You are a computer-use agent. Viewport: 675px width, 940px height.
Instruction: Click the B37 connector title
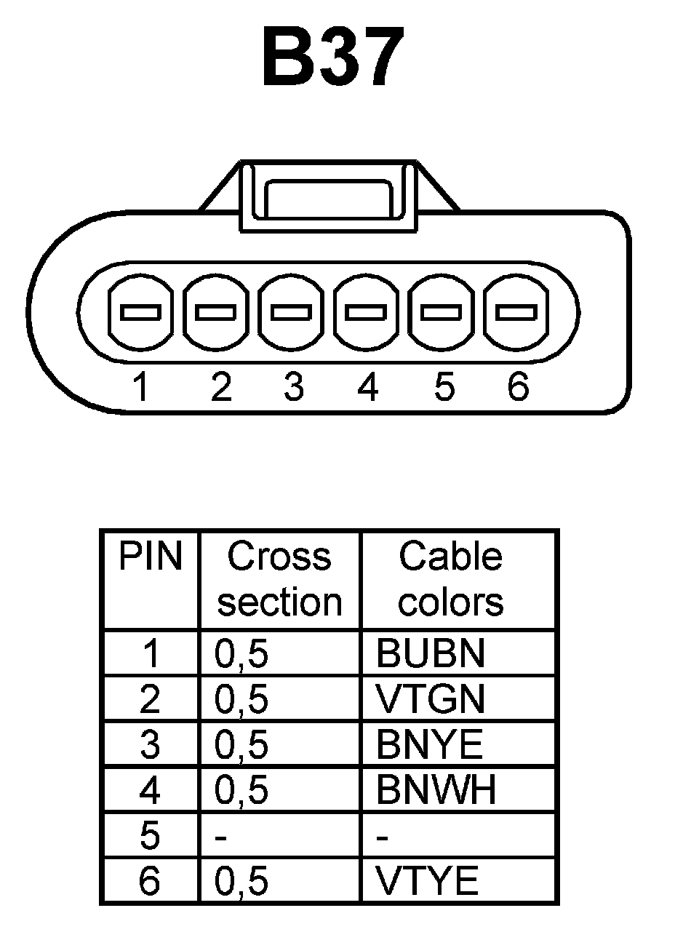pyautogui.click(x=332, y=57)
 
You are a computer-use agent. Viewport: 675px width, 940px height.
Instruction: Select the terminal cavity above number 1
pyautogui.click(x=140, y=313)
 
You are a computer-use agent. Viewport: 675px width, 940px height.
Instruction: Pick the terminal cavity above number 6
pyautogui.click(x=516, y=313)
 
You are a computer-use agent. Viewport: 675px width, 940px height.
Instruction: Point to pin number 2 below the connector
pyautogui.click(x=221, y=387)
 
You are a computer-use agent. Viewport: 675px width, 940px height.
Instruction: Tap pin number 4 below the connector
pyautogui.click(x=368, y=387)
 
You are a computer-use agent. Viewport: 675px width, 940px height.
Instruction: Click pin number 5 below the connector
pyautogui.click(x=444, y=387)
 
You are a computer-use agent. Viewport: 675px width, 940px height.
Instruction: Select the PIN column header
pyautogui.click(x=150, y=557)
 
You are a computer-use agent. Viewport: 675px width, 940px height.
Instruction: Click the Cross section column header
pyautogui.click(x=280, y=580)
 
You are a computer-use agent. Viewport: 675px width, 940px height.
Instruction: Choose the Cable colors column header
pyautogui.click(x=451, y=580)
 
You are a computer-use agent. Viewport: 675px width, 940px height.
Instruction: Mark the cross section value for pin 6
pyautogui.click(x=242, y=881)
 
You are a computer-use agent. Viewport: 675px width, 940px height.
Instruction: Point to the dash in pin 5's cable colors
pyautogui.click(x=383, y=837)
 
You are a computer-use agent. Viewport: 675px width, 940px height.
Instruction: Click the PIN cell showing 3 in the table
pyautogui.click(x=149, y=744)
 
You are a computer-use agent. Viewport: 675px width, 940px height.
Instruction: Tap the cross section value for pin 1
pyautogui.click(x=242, y=653)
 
